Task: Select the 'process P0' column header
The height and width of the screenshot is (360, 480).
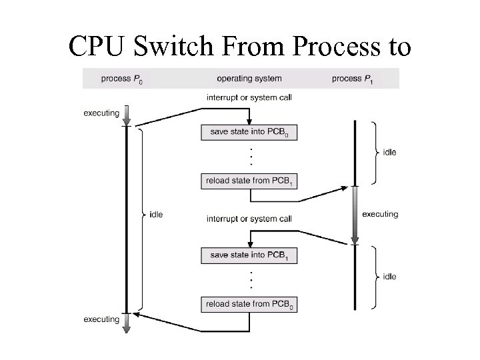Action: click(122, 79)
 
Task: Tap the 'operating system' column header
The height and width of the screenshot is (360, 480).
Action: click(249, 79)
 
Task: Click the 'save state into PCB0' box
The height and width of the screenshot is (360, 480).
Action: click(249, 133)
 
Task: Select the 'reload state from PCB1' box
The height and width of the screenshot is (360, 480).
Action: click(249, 181)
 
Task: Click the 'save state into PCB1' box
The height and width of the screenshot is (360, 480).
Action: click(249, 255)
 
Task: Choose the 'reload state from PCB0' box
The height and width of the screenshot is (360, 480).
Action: click(249, 305)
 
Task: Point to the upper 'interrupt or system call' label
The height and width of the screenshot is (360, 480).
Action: click(249, 97)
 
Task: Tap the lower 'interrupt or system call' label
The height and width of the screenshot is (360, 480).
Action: click(249, 219)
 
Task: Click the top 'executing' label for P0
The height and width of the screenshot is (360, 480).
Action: click(101, 113)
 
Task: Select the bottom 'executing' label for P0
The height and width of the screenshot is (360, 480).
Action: click(101, 319)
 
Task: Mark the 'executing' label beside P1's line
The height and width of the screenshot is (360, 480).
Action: click(380, 214)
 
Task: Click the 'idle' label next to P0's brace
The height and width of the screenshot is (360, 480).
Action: click(156, 214)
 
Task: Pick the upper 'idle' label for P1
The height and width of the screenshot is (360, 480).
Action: click(389, 152)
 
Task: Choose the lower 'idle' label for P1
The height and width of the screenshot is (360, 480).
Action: click(389, 276)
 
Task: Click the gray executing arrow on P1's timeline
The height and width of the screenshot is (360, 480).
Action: click(355, 215)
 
